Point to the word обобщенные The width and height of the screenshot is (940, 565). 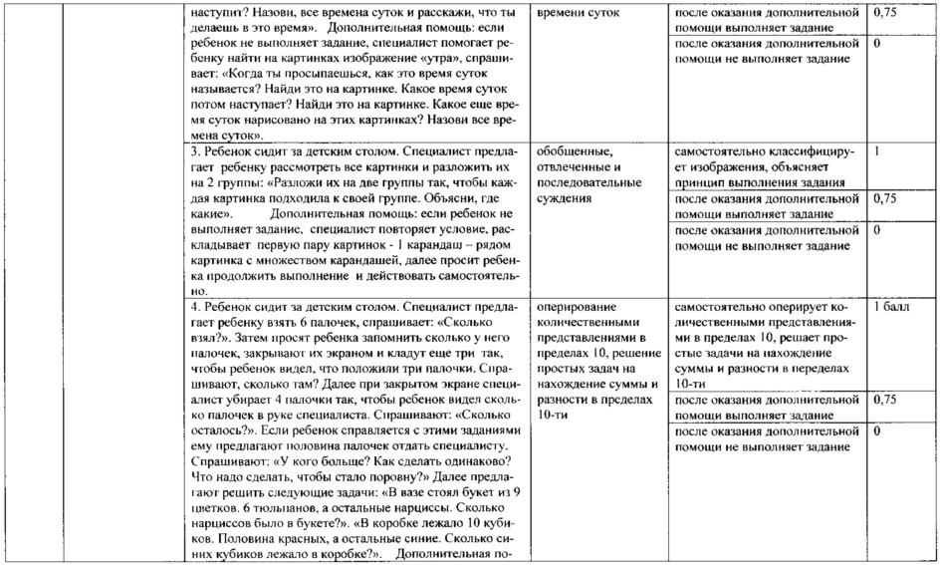click(x=571, y=152)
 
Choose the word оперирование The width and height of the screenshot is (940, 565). click(x=576, y=307)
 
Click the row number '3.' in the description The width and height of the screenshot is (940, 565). click(x=196, y=152)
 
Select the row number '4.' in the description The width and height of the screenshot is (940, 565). click(x=196, y=307)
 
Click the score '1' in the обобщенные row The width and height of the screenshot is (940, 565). click(x=877, y=152)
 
